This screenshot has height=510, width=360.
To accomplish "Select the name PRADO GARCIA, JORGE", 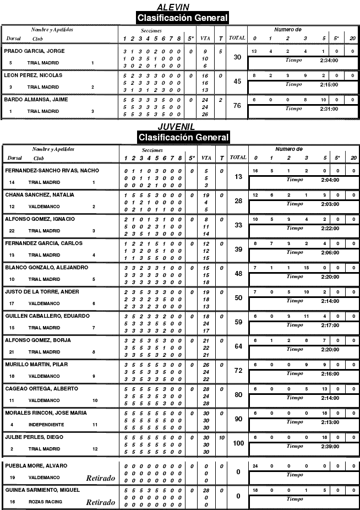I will pos(34,51).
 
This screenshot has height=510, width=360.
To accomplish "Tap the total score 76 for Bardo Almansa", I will pos(237,106).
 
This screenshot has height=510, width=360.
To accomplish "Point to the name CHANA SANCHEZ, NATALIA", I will pos(40,195).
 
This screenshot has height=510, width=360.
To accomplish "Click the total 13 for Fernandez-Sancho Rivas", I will pos(238,176).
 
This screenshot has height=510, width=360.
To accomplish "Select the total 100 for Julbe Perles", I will pos(238,443).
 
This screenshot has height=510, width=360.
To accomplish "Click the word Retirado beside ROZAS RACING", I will pos(101,502).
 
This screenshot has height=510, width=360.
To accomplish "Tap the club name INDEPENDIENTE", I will pos(46,425).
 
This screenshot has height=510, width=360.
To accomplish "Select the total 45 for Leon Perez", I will pos(237,82).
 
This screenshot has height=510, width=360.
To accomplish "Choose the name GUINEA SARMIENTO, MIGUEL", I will pos(42,490).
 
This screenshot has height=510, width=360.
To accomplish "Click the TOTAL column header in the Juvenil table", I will pos(238,158).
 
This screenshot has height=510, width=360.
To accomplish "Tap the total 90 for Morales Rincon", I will pos(238,419).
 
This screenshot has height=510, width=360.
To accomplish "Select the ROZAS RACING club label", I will pos(45,502).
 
